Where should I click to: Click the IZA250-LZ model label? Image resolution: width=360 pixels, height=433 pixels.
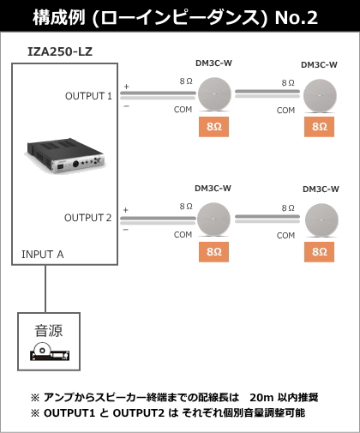pos(60,51)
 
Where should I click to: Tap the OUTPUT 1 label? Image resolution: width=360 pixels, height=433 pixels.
pos(88,96)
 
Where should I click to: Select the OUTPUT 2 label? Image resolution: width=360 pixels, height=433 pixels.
pos(88,218)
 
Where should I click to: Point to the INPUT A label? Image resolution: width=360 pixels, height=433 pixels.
pos(43,255)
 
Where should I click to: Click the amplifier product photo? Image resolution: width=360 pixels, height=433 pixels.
pos(65,156)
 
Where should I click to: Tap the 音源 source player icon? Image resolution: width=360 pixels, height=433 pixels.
pos(50,352)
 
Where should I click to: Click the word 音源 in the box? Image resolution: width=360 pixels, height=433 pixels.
pos(49,331)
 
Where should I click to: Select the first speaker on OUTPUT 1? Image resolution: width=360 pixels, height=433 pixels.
pos(214,94)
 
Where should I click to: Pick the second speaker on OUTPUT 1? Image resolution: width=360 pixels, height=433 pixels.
pos(320,96)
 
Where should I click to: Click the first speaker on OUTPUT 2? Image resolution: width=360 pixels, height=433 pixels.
pos(213,220)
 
